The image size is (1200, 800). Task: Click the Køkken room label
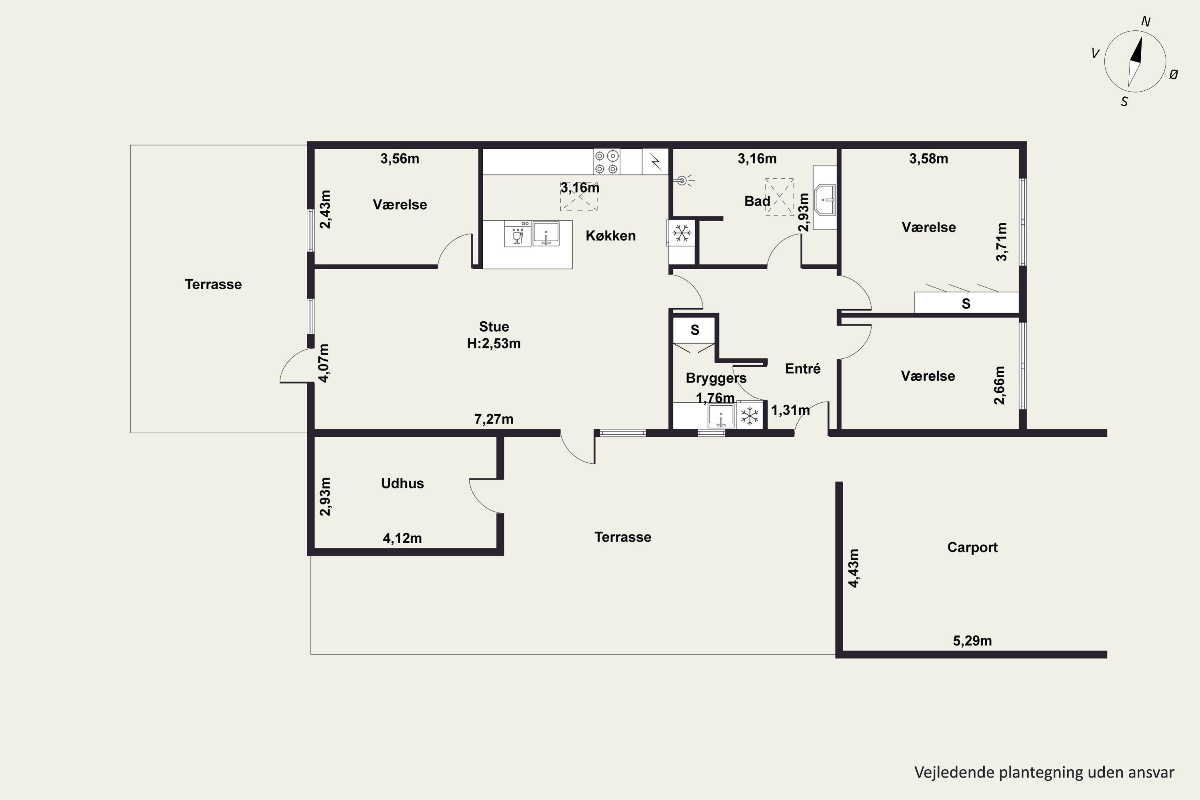pos(610,236)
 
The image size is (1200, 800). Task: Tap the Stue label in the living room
pos(494,326)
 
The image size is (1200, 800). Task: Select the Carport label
pos(972,548)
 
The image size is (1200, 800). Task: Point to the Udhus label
pos(402,483)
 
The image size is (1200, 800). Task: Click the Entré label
pos(802,368)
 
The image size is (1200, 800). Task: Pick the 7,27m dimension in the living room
pos(494,419)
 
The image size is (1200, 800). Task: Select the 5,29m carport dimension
pos(972,641)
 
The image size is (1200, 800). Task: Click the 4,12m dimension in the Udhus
pos(402,538)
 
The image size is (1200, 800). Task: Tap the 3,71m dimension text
pos(1002,242)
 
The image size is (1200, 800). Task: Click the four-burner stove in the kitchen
pos(607,162)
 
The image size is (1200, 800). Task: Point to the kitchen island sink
pos(546,234)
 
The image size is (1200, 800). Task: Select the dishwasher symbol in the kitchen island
pos(517,234)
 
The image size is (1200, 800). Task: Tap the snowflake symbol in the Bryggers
pos(750,416)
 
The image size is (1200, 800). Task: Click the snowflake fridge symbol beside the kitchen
pos(682,233)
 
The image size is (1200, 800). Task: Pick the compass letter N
pos(1146,22)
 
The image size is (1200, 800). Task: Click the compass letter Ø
pos(1174,74)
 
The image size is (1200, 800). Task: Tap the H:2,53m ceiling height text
pos(494,343)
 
